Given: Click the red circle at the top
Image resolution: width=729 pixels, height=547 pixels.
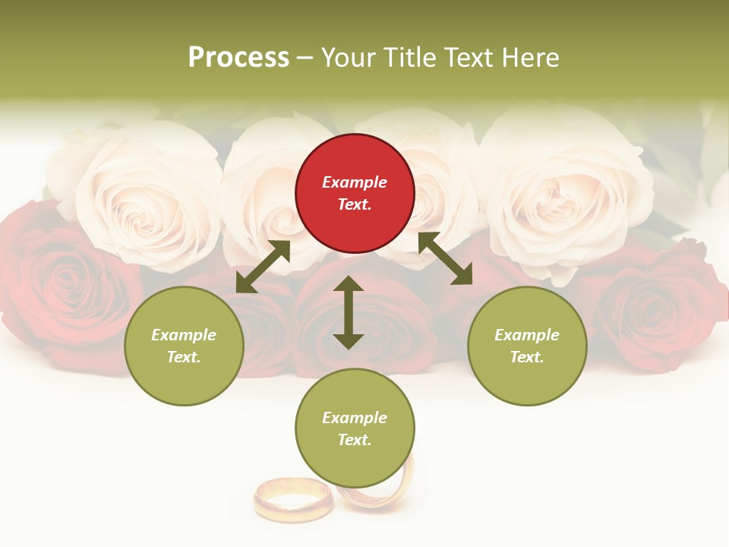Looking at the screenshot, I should [355, 194].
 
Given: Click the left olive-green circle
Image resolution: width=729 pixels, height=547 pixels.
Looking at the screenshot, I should [184, 346].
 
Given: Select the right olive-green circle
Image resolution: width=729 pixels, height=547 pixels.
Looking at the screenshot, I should [527, 346].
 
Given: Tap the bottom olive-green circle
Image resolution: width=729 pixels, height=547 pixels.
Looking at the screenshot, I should [355, 428].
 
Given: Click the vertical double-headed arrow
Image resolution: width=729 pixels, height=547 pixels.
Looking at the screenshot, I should [349, 312].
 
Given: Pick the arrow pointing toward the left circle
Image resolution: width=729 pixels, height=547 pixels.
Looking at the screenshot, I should [263, 267].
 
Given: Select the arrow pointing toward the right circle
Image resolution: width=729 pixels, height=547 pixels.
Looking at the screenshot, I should [445, 258].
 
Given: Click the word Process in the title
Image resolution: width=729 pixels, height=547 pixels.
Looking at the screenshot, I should [238, 58].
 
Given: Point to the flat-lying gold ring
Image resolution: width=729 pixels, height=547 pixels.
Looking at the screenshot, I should [292, 500].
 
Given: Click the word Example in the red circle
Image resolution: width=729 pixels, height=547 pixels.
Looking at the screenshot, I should [355, 182].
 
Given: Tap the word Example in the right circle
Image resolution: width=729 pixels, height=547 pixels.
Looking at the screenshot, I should [527, 335].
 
